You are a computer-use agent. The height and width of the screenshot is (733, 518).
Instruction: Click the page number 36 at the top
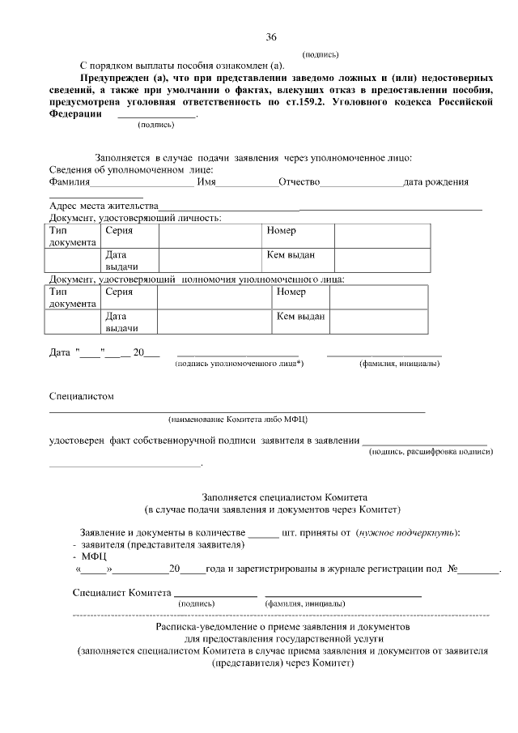(x=271, y=36)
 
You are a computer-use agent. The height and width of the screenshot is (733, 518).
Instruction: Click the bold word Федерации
(x=75, y=114)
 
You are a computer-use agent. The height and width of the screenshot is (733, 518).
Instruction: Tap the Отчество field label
(x=299, y=182)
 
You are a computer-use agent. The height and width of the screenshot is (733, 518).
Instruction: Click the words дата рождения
(x=436, y=182)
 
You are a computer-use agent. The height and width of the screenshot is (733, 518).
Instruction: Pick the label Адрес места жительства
(x=103, y=207)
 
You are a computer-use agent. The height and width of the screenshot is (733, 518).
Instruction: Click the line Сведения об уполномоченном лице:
(x=131, y=169)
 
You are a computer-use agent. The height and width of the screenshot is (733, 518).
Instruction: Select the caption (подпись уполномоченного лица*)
(x=239, y=364)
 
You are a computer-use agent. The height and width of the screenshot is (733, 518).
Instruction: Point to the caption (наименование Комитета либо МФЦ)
(x=238, y=420)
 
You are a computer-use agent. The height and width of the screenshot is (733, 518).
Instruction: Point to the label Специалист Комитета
(x=122, y=592)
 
